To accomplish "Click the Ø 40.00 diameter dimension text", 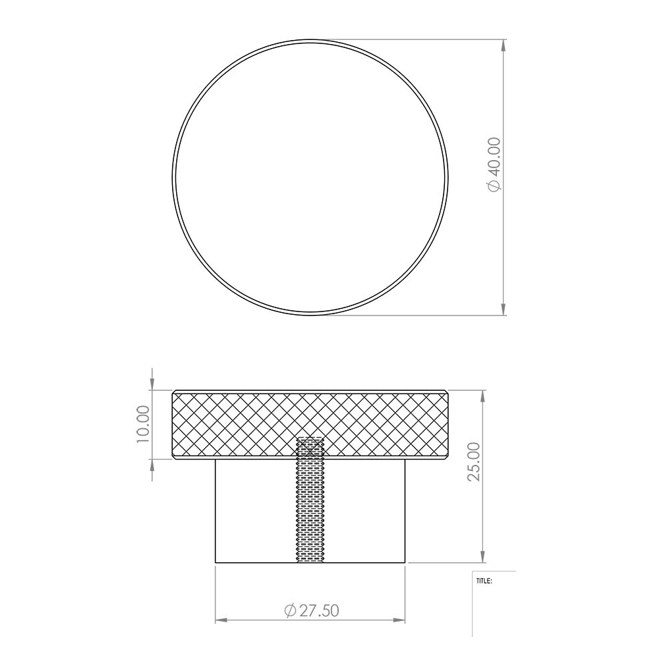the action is click(x=495, y=165).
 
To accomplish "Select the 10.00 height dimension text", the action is click(x=144, y=424).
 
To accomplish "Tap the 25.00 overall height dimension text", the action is click(x=474, y=462).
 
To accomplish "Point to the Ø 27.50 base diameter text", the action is click(x=311, y=610).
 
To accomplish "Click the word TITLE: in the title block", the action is click(x=484, y=581).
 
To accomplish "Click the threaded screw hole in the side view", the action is click(x=310, y=500).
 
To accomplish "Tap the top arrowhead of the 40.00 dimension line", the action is click(x=504, y=45).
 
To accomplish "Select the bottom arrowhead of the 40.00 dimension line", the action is click(x=504, y=309).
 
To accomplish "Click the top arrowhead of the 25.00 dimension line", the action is click(x=483, y=396).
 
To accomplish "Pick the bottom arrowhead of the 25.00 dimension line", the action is click(x=483, y=556).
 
